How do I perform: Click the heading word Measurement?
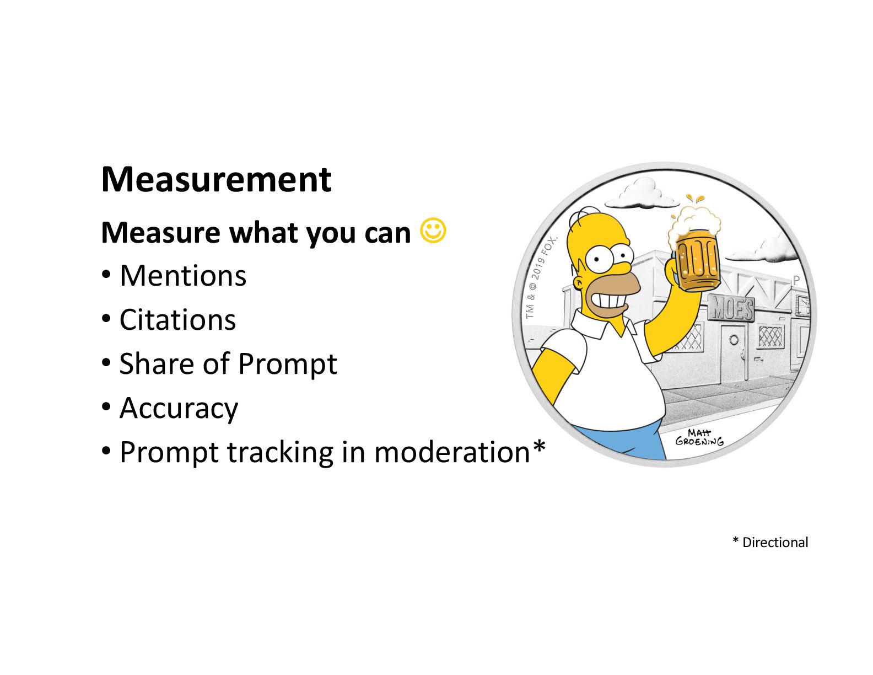pyautogui.click(x=216, y=179)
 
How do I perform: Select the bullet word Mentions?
pyautogui.click(x=183, y=276)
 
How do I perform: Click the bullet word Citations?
pyautogui.click(x=177, y=320)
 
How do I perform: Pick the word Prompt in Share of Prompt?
pyautogui.click(x=287, y=364)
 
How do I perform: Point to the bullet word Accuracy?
pyautogui.click(x=179, y=408)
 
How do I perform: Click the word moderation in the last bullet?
pyautogui.click(x=452, y=452)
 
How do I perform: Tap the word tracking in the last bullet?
pyautogui.click(x=280, y=452)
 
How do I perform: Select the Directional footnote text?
pyautogui.click(x=775, y=543)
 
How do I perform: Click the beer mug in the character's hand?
pyautogui.click(x=698, y=265)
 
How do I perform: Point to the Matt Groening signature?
pyautogui.click(x=699, y=438)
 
